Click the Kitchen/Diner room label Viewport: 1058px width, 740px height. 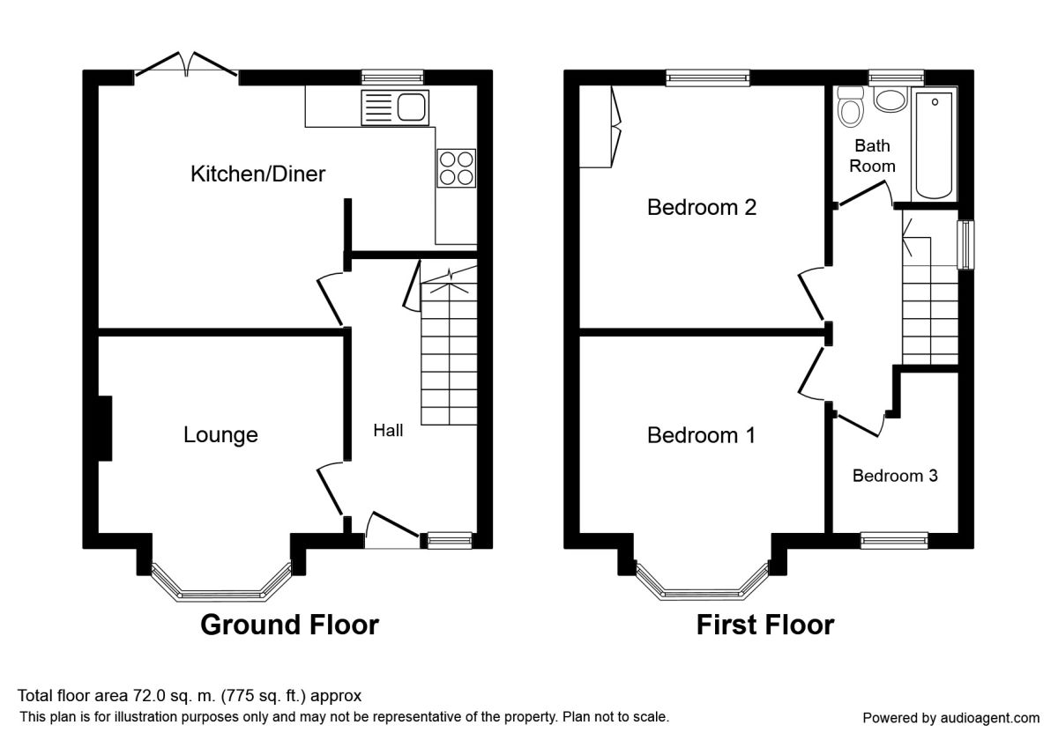pos(257,174)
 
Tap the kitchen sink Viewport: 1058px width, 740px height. pos(393,108)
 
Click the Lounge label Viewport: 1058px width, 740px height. pos(220,434)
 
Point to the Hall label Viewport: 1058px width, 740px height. pos(388,431)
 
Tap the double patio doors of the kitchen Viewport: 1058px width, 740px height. pos(186,64)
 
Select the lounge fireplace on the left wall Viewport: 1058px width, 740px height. pos(104,428)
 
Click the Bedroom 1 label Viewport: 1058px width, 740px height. pos(701,435)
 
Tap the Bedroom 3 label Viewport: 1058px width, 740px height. pos(894,476)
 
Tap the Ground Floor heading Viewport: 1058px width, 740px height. pos(289,625)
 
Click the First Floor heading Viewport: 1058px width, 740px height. pos(765,625)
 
